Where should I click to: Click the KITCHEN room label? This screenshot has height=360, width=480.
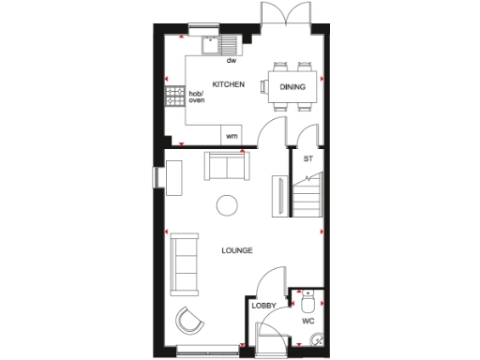pyautogui.click(x=228, y=84)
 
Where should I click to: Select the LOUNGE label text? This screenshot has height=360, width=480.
pyautogui.click(x=236, y=250)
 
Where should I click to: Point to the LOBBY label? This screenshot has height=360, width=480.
pyautogui.click(x=262, y=307)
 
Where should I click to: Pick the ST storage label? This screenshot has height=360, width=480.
pyautogui.click(x=307, y=158)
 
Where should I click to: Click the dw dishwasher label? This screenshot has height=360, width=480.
pyautogui.click(x=231, y=60)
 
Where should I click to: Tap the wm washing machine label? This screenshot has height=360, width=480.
pyautogui.click(x=231, y=137)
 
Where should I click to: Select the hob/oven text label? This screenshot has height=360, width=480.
pyautogui.click(x=196, y=97)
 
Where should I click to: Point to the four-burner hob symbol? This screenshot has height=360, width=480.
pyautogui.click(x=175, y=96)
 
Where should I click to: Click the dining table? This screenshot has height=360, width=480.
pyautogui.click(x=291, y=87)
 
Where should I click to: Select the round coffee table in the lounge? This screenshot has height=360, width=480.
pyautogui.click(x=227, y=204)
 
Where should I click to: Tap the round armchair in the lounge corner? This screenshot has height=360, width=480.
pyautogui.click(x=189, y=321)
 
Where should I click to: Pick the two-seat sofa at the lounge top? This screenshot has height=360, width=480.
pyautogui.click(x=228, y=167)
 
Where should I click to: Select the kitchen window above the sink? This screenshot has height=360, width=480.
pyautogui.click(x=202, y=25)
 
